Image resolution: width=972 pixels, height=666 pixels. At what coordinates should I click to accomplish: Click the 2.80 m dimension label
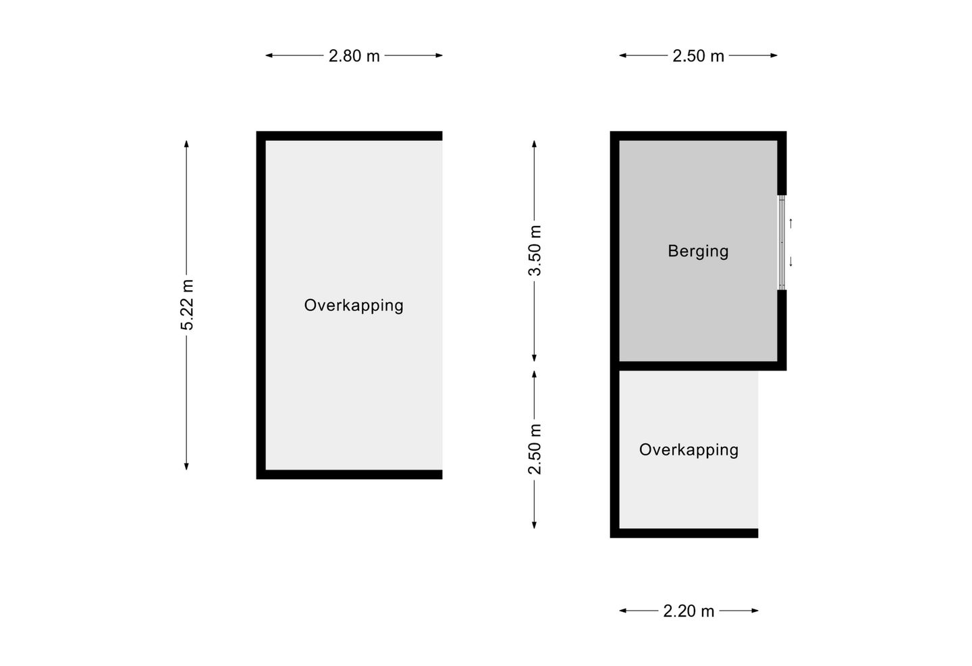tap(354, 56)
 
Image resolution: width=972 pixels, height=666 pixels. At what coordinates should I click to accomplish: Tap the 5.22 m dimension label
tap(187, 305)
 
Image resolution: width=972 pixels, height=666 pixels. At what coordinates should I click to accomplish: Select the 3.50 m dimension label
tap(535, 251)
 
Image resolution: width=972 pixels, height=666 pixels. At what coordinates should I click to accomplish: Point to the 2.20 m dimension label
tap(688, 611)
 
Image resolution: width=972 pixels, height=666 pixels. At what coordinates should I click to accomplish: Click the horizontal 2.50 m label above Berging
tap(698, 56)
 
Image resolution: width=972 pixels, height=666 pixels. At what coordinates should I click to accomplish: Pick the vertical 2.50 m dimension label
tap(535, 449)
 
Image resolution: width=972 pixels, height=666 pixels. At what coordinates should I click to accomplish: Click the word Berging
tap(698, 252)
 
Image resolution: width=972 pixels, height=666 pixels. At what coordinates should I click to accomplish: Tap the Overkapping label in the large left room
tap(354, 306)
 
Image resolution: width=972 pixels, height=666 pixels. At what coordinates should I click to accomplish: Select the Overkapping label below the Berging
tap(688, 450)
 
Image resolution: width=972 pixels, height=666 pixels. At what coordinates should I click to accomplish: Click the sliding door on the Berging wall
tap(782, 242)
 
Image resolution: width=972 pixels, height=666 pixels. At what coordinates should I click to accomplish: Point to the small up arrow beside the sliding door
tap(791, 223)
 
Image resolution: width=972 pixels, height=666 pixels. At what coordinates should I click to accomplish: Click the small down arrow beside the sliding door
tap(791, 262)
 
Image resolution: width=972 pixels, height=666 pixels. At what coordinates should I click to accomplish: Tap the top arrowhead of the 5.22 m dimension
tap(186, 144)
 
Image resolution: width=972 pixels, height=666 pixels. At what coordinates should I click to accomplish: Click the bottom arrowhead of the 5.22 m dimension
tap(186, 466)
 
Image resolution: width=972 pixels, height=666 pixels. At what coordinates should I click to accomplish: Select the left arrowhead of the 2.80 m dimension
tap(269, 55)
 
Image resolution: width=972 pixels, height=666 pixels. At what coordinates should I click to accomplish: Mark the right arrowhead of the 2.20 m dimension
tap(755, 611)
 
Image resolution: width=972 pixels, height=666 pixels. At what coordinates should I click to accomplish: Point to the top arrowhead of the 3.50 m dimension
tap(534, 144)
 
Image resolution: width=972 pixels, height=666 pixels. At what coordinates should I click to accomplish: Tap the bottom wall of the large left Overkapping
tap(350, 474)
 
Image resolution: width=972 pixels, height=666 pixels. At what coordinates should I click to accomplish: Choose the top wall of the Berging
tap(698, 136)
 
